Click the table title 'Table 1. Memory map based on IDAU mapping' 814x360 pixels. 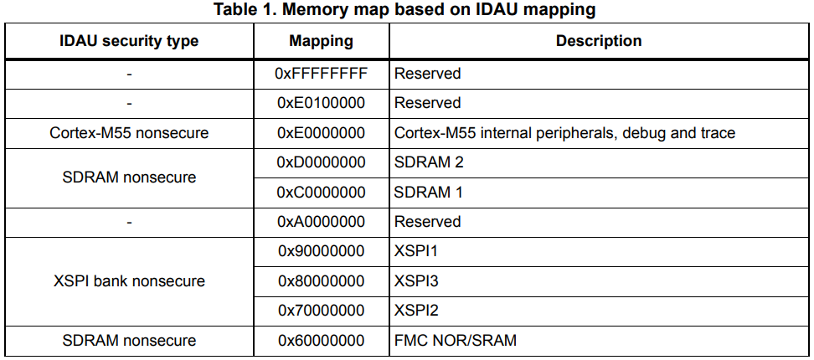click(x=405, y=10)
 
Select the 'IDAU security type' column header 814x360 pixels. click(x=129, y=41)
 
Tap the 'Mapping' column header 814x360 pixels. click(x=321, y=41)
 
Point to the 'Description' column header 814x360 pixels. click(x=599, y=41)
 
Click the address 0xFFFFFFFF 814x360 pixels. click(x=321, y=74)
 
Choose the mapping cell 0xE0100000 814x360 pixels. click(x=321, y=103)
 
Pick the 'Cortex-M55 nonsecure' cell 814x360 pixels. click(x=129, y=133)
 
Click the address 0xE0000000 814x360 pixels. click(x=321, y=133)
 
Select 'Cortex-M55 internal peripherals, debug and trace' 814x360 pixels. click(x=564, y=133)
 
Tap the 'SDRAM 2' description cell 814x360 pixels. click(x=429, y=162)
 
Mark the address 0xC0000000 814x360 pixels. click(x=321, y=193)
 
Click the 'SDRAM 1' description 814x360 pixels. click(x=429, y=193)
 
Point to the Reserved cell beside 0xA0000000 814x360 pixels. click(x=427, y=222)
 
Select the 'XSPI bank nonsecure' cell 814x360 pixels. click(x=129, y=281)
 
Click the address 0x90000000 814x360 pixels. click(x=321, y=251)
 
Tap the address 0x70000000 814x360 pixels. click(x=321, y=311)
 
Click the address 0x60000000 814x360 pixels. click(x=321, y=341)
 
